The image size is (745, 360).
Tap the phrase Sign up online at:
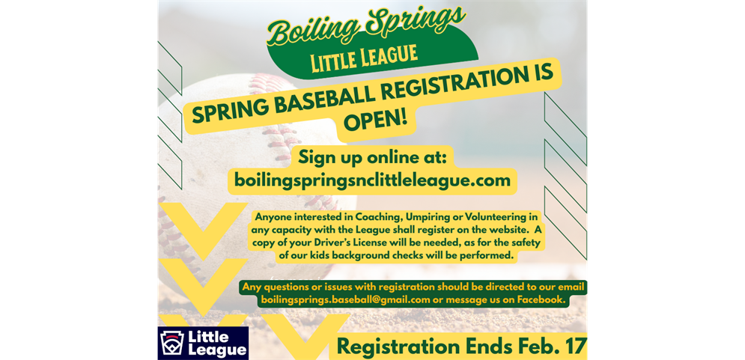point(373,157)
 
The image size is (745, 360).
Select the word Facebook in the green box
point(544,299)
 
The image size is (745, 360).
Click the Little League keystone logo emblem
point(172,343)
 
